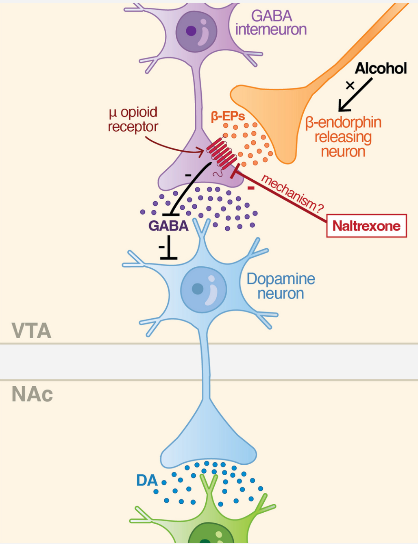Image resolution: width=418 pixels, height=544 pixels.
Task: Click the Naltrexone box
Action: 366,226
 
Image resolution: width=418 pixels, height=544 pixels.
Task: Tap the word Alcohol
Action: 381,68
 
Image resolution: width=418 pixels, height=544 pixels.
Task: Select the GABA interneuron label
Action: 271,23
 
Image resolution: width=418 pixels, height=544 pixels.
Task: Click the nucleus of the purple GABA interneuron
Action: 196,31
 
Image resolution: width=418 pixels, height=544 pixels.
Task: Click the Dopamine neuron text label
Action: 281,286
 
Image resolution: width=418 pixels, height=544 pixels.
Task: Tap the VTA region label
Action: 31,331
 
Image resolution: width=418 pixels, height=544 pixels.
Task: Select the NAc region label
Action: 32,394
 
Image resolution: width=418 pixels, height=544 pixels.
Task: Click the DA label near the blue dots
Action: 147,481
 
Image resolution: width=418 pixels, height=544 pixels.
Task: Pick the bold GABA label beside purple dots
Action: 168,226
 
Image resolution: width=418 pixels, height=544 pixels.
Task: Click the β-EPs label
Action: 228,117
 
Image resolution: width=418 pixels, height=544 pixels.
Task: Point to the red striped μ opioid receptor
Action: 222,152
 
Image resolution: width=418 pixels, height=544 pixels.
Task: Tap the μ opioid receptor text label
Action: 133,120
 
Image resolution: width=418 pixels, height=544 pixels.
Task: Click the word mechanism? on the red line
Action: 292,194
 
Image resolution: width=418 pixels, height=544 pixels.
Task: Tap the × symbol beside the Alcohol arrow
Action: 350,85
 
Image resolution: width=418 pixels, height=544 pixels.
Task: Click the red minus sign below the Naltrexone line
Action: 251,188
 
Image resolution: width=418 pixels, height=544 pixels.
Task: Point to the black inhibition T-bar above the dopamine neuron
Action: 168,252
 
